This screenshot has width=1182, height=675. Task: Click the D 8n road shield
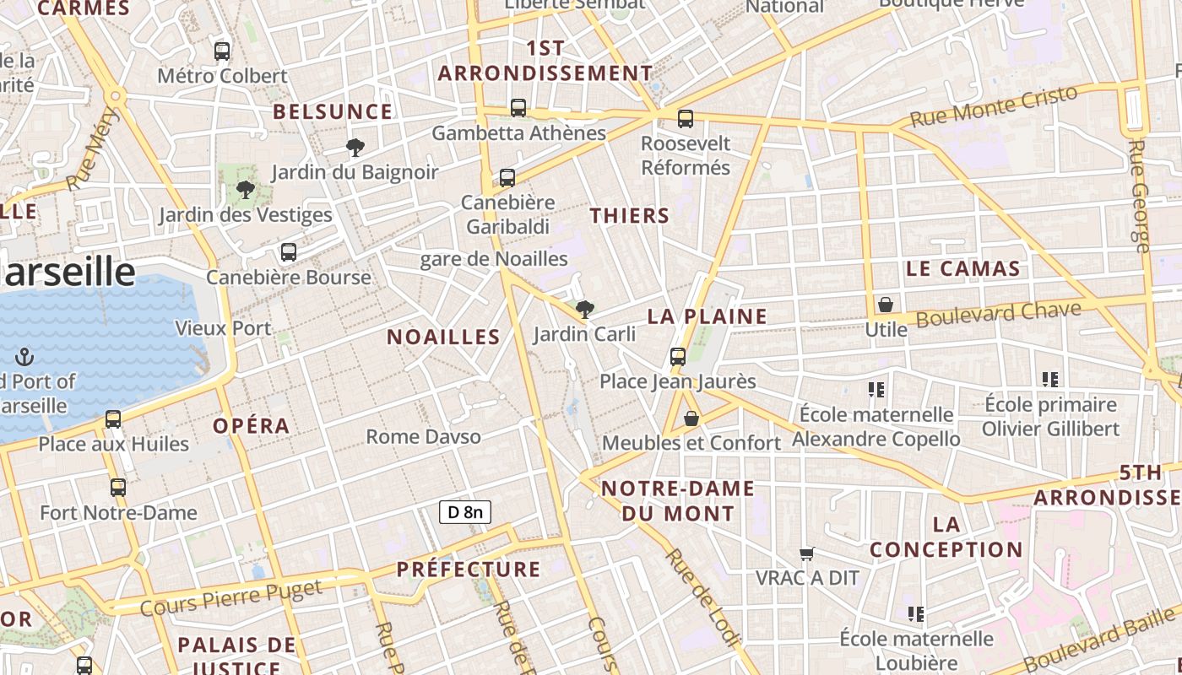tap(464, 511)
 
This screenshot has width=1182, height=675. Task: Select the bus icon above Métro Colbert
tap(222, 51)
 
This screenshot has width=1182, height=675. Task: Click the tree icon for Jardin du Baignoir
tap(355, 148)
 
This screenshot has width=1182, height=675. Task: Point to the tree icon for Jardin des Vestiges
tap(246, 190)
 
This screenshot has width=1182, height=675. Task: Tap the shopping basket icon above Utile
tap(886, 305)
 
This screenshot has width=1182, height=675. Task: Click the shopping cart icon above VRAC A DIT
tap(806, 554)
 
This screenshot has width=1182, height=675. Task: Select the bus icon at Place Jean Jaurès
tap(678, 357)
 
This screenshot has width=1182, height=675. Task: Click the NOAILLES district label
tap(444, 337)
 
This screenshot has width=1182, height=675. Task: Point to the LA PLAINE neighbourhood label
tap(708, 317)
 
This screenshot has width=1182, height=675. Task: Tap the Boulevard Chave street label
tap(999, 315)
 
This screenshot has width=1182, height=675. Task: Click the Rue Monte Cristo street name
tap(995, 106)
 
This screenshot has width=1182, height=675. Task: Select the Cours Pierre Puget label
tap(230, 597)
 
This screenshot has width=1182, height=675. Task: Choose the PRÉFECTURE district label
tap(469, 570)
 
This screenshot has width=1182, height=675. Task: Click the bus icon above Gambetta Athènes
tap(518, 108)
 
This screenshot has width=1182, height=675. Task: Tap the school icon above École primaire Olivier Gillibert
tap(1050, 380)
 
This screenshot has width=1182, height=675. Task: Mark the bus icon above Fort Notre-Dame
tap(118, 488)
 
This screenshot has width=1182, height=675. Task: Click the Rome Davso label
tap(424, 437)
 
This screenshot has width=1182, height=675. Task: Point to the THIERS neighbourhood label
tap(630, 216)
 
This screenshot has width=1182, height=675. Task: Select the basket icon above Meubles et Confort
tap(691, 418)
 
